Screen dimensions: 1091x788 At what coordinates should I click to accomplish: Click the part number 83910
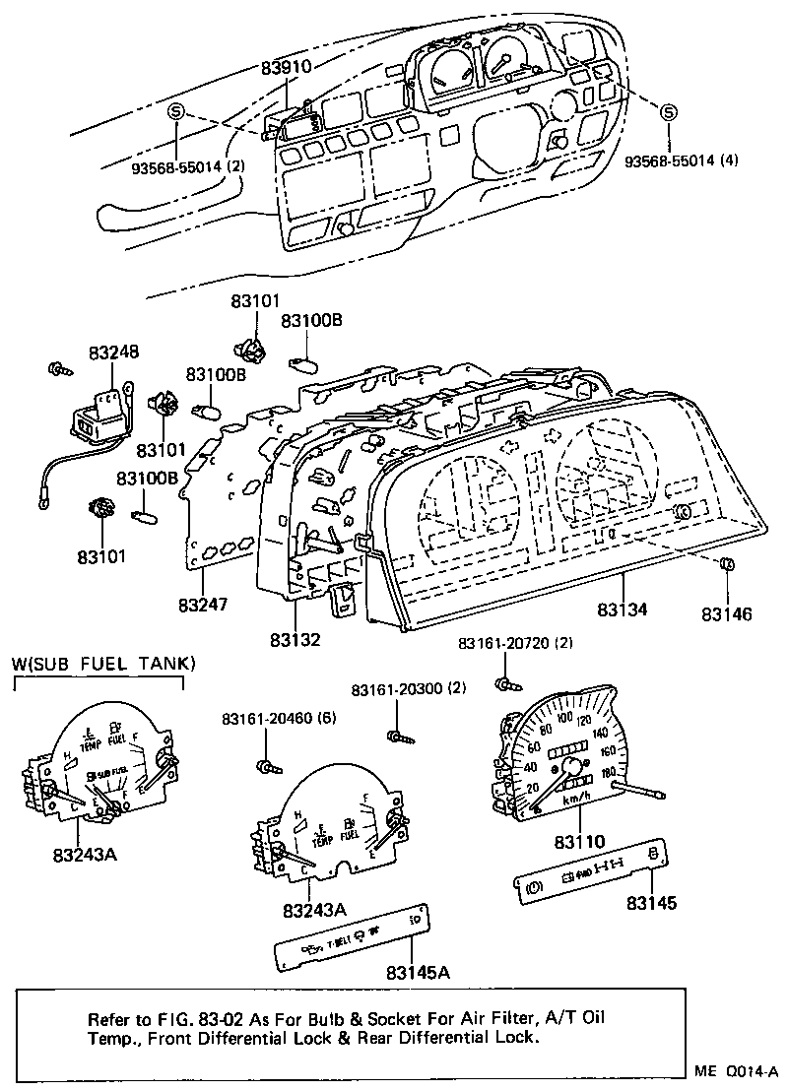point(286,68)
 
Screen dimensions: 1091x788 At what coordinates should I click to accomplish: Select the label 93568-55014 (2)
point(188,166)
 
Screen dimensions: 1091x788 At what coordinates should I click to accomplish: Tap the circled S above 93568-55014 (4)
point(668,112)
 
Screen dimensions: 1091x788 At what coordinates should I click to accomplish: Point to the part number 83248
point(113,352)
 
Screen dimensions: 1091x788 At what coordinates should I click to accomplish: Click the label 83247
point(204,603)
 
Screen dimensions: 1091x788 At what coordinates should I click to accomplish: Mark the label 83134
point(622,610)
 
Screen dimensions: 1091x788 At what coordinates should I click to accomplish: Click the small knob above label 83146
point(727,565)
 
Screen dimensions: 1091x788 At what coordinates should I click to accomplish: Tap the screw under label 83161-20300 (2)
point(397,734)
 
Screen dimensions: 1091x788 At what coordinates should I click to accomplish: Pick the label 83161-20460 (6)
point(279,718)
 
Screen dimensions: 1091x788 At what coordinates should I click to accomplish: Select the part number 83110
point(579,842)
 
